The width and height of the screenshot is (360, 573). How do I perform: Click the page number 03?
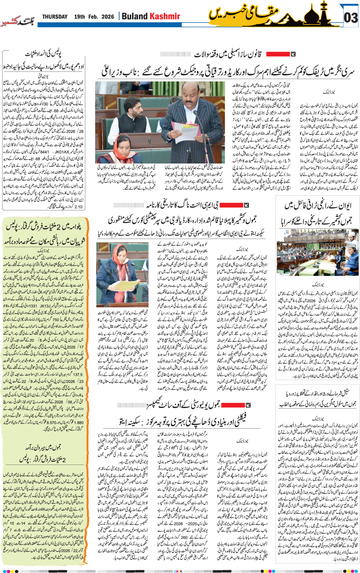click(351, 18)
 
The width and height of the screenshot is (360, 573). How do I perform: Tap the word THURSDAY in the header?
click(55, 17)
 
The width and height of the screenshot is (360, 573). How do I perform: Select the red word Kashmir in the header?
click(165, 16)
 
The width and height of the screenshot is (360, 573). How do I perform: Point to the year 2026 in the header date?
click(108, 17)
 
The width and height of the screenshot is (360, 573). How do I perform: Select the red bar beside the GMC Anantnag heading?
click(231, 205)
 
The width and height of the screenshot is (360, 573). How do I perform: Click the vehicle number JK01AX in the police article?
click(62, 152)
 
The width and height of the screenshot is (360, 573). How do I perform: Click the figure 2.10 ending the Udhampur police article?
click(78, 207)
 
